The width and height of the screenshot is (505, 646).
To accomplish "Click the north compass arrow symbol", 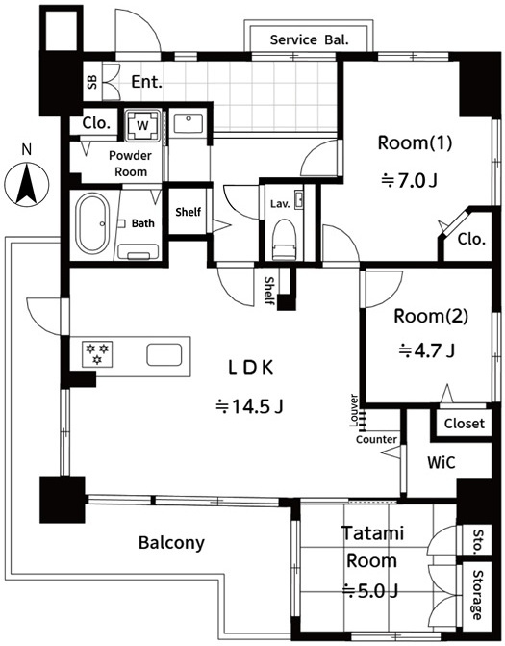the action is coord(27,184).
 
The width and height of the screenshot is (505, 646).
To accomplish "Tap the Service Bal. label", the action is coord(309,40).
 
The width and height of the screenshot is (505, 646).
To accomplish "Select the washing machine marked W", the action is coord(142,125).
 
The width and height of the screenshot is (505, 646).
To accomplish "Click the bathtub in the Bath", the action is coord(92,223).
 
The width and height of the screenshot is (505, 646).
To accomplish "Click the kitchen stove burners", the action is coord(97,354).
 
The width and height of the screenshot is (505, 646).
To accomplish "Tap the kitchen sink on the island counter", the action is coord(164,354).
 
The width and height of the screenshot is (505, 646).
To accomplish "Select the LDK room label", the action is coord(251,368).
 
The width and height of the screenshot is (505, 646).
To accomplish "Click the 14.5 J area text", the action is coord(250,406).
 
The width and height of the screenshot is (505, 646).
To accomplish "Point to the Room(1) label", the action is coord(415,142).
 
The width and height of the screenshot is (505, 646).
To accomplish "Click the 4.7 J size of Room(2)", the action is coord(427,351).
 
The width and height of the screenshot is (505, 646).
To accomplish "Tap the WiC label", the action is coord(442,462).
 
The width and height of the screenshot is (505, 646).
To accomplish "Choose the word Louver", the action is coord(354,410).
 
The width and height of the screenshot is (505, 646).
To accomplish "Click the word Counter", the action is coord(377,439).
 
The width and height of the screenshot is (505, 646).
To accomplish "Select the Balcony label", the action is coord(171,543).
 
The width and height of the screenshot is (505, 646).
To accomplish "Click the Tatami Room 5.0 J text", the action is coord(371,562).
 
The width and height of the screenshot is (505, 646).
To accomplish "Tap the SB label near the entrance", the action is coord(92,82).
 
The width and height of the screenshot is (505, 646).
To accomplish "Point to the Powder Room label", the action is coord(130,164).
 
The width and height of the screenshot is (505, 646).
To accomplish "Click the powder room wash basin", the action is coord(189,122).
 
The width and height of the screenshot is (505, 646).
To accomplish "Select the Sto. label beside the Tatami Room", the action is coord(477,540).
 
